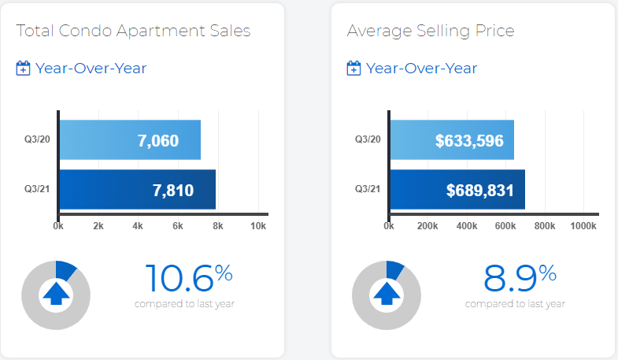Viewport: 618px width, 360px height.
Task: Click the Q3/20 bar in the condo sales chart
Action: (x=130, y=139)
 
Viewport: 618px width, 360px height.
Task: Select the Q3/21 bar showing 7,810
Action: (x=138, y=189)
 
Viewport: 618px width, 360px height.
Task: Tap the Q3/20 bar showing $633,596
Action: (x=452, y=139)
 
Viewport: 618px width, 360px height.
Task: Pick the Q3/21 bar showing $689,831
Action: (x=457, y=189)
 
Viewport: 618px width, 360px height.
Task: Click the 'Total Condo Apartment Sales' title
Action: (x=133, y=31)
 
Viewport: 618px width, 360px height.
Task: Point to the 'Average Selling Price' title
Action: (x=431, y=32)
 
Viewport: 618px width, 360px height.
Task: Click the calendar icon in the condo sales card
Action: (x=23, y=68)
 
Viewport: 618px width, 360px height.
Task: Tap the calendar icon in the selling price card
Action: (x=353, y=68)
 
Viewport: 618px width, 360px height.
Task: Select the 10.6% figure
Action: (x=189, y=278)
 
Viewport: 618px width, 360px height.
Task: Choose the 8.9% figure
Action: (x=520, y=278)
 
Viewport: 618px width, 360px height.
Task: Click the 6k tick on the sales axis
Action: (x=178, y=226)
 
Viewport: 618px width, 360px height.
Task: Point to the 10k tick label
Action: (x=258, y=226)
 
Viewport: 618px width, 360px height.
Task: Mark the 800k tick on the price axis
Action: (x=545, y=226)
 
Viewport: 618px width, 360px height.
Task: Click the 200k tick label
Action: (x=427, y=226)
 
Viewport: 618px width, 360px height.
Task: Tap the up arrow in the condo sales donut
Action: (x=56, y=293)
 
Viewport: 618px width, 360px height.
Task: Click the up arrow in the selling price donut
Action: (x=387, y=293)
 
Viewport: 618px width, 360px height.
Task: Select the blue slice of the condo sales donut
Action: (x=65, y=270)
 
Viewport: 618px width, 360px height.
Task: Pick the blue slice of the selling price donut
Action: (x=394, y=269)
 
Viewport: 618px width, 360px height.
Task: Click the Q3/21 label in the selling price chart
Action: (x=368, y=189)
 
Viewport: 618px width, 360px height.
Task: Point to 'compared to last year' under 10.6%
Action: (x=184, y=303)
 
